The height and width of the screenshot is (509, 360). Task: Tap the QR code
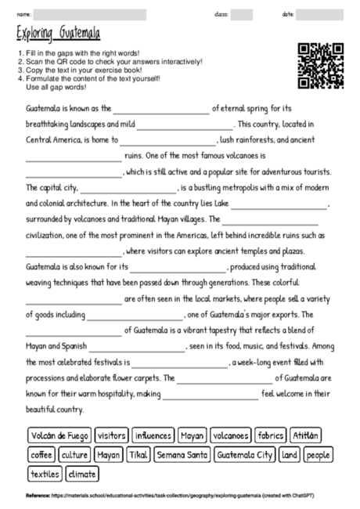pos(321,66)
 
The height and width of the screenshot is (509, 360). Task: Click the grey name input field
pos(89,14)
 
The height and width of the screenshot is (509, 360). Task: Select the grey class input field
pos(241,14)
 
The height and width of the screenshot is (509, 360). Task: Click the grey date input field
pos(321,14)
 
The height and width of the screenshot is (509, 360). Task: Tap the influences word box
pos(153,435)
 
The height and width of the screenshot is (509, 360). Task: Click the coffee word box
pos(40,454)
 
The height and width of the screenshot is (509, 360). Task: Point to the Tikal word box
pos(138,454)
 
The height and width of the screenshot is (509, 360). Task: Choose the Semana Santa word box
pos(182,454)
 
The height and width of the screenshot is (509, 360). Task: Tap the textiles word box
pos(44,474)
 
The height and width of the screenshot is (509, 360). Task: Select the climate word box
pos(82,474)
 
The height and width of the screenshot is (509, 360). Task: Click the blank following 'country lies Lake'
pos(279,207)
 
